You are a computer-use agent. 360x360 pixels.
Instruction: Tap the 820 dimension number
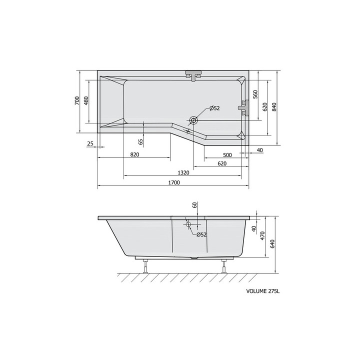(134, 154)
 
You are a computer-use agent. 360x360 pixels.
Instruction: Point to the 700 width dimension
(76, 100)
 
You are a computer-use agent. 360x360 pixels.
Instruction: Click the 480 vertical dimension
(86, 100)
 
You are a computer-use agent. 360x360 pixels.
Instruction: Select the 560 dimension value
(254, 94)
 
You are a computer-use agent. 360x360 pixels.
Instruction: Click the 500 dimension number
(227, 154)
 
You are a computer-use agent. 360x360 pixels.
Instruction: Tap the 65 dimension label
(141, 141)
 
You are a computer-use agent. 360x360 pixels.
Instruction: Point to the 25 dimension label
(90, 144)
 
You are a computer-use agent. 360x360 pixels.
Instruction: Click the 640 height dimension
(272, 245)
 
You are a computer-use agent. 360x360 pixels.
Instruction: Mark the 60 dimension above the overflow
(194, 205)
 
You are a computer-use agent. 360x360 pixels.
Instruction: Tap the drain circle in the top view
(193, 120)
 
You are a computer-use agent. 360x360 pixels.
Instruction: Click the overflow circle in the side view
(188, 224)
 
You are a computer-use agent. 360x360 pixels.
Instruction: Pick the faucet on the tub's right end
(244, 107)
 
